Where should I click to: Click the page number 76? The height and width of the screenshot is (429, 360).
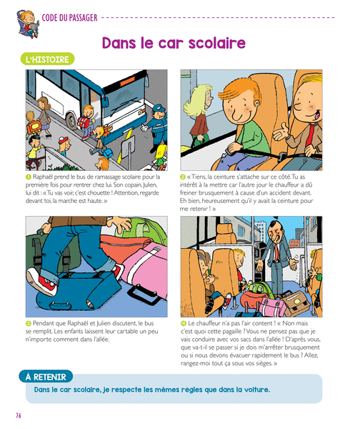click(19, 415)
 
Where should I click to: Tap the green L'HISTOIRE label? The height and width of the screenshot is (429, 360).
click(47, 59)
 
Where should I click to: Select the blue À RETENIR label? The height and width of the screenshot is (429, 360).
click(46, 377)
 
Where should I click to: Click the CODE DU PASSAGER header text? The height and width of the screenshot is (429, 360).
click(69, 18)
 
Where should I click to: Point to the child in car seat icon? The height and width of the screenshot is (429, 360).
click(28, 24)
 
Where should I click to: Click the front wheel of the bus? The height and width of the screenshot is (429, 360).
click(71, 121)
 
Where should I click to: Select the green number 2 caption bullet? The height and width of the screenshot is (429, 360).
click(183, 177)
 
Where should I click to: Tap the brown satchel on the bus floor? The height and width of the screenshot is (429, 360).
click(296, 303)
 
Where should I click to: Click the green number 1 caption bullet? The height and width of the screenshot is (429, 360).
click(28, 177)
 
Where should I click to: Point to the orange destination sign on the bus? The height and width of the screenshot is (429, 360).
click(128, 80)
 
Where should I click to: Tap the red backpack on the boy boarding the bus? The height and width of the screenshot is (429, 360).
click(84, 122)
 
